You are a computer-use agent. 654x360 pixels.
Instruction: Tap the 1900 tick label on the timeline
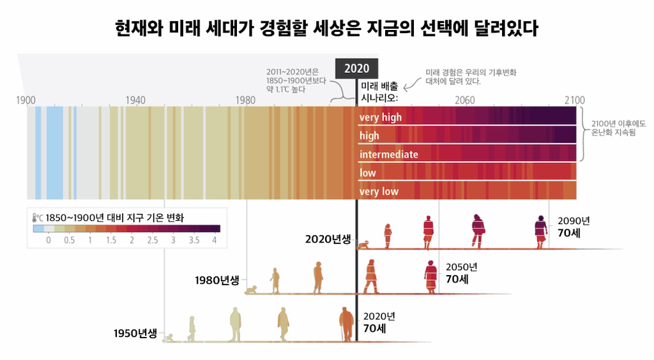pyautogui.click(x=26, y=100)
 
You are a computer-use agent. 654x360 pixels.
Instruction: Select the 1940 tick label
pyautogui.click(x=135, y=100)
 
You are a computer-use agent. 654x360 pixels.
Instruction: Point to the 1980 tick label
pyautogui.click(x=246, y=100)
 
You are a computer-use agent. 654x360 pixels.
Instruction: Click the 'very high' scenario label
pyautogui.click(x=381, y=117)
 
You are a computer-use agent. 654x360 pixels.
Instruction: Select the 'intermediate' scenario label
pyautogui.click(x=389, y=154)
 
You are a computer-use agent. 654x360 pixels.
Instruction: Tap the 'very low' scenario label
pyautogui.click(x=379, y=191)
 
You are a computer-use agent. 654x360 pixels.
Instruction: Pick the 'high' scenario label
pyautogui.click(x=369, y=136)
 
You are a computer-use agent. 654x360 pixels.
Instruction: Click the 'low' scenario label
pyautogui.click(x=368, y=173)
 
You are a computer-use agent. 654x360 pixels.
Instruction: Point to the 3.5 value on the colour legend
pyautogui.click(x=194, y=240)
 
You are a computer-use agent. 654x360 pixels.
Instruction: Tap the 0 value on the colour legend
pyautogui.click(x=49, y=240)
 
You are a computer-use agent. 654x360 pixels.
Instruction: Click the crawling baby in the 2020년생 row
pyautogui.click(x=364, y=244)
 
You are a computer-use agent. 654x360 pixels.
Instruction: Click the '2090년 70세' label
pyautogui.click(x=573, y=227)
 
